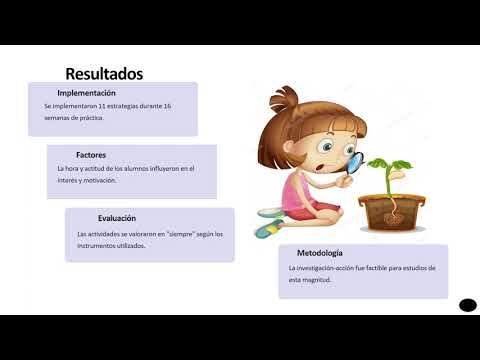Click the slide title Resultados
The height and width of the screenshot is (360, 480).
[104, 73]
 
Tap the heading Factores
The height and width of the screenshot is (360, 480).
[91, 155]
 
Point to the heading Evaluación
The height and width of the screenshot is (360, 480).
[116, 218]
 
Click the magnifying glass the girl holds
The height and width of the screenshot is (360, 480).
[352, 162]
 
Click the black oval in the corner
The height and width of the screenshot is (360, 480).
[467, 304]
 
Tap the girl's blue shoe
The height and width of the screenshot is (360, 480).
[266, 230]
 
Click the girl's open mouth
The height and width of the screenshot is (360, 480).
[318, 168]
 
